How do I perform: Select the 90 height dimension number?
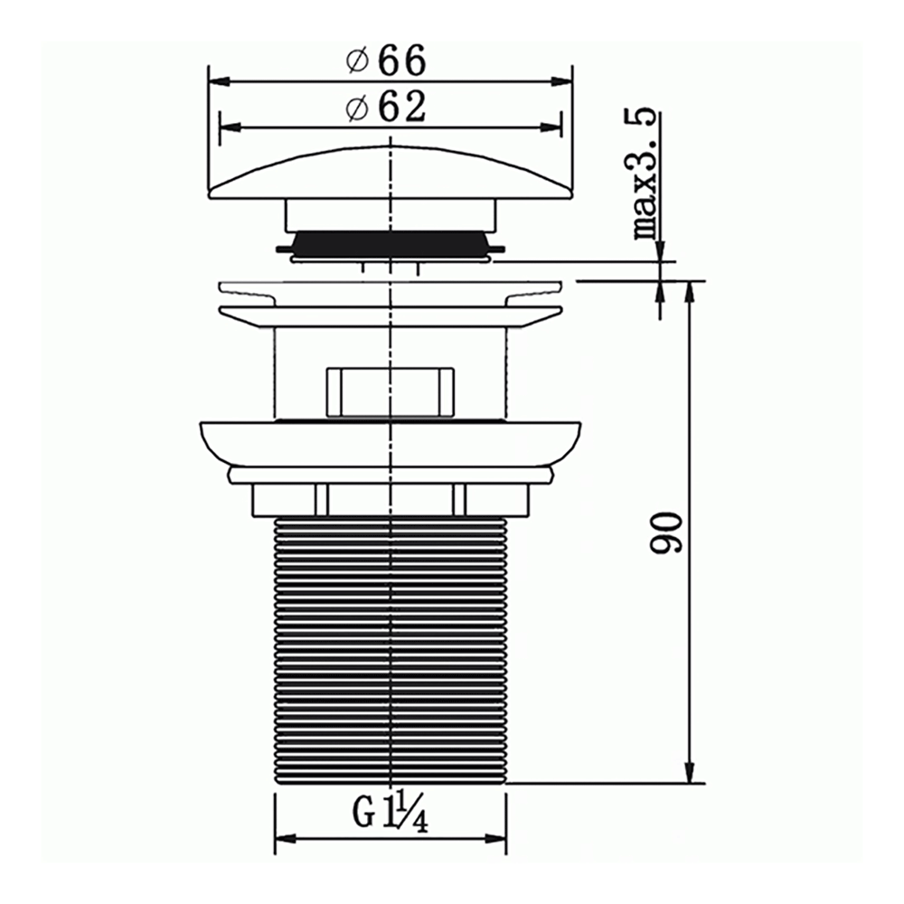click(x=668, y=532)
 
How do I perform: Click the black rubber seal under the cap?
click(x=391, y=242)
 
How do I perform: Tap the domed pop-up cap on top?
click(x=391, y=172)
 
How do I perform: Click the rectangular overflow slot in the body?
click(x=389, y=390)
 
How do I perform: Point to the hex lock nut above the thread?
click(x=391, y=499)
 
